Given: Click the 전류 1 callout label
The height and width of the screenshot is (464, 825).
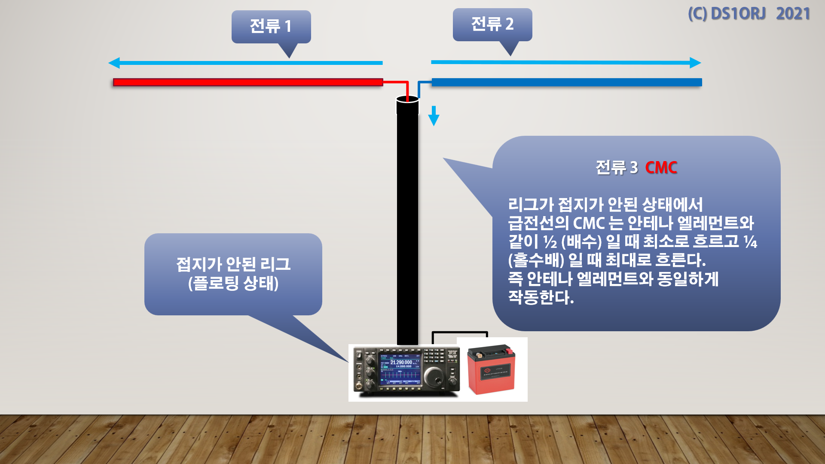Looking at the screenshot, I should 271,26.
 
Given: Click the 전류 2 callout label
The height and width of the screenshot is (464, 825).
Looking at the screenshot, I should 492,24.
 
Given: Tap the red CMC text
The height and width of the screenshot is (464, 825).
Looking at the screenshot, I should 661,168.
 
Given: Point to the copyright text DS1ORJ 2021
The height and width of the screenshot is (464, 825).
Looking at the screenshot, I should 749,14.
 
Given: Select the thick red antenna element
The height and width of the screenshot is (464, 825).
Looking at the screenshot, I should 248,82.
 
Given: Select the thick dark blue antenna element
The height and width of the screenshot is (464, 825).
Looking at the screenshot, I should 566,82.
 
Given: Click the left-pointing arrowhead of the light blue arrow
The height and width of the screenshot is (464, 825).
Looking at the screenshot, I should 114,63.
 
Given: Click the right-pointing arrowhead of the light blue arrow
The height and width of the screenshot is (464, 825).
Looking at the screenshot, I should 695,63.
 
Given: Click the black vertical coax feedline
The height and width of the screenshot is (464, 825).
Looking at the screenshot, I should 407,223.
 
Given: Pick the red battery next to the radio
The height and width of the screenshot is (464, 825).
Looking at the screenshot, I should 491,369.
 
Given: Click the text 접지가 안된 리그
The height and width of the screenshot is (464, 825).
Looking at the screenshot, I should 233,264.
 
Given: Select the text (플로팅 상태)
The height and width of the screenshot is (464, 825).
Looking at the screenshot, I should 233,283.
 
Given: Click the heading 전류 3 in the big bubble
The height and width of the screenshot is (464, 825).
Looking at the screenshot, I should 617,168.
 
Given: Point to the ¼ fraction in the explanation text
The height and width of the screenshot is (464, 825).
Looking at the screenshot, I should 750,242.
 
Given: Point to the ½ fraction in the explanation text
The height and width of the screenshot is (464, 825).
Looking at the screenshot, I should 550,242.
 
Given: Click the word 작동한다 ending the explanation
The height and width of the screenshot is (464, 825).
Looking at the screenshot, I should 539,297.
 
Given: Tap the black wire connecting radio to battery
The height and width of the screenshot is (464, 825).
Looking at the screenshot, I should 460,333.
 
